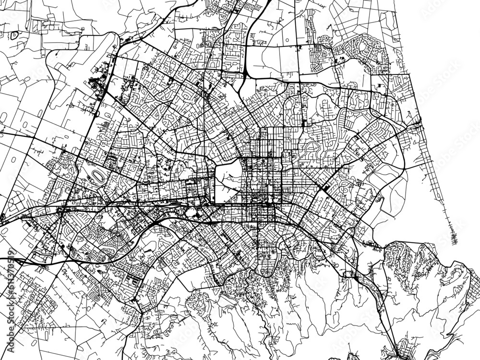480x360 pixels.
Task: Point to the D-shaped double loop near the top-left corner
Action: (x=15, y=35)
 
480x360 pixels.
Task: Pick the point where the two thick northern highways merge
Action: (x=245, y=72)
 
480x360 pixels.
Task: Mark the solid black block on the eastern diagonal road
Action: (x=326, y=187)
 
